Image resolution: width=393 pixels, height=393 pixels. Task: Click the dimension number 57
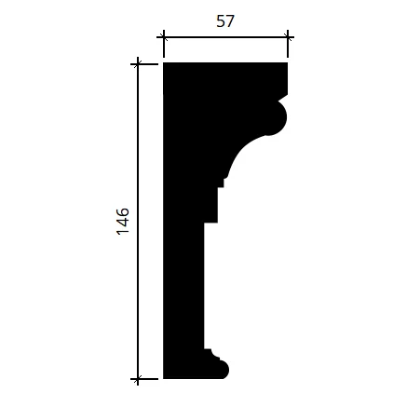225,21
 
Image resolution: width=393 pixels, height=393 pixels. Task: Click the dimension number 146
123,221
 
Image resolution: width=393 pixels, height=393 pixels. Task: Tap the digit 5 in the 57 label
221,21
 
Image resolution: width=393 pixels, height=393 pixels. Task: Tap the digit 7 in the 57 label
230,21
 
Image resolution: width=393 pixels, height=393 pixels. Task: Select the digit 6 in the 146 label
123,212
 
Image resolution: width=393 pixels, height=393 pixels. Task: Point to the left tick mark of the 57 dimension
164,38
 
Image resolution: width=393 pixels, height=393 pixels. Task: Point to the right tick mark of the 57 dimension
288,38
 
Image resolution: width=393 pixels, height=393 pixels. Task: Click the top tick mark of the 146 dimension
138,64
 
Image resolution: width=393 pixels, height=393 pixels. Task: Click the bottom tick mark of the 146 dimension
138,379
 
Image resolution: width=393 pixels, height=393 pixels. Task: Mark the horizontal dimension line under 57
225,38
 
